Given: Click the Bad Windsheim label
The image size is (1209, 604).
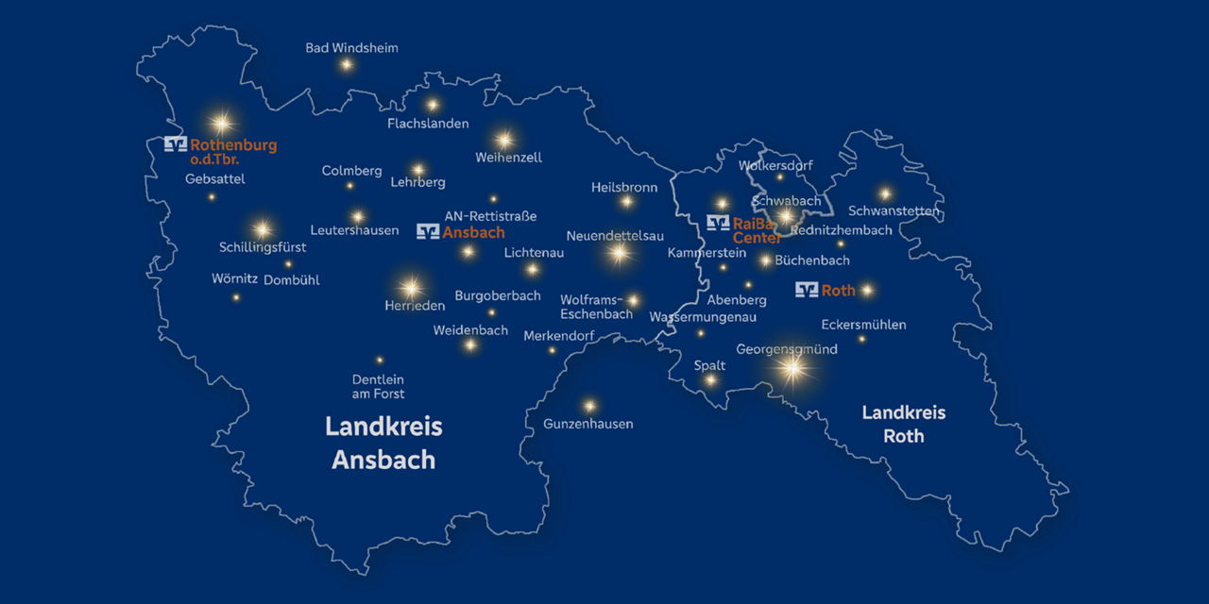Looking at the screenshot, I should point(351,48).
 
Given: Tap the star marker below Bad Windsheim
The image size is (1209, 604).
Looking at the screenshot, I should point(347,64).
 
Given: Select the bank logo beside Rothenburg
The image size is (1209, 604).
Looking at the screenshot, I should point(176,144).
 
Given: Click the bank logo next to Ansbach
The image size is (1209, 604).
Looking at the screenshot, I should point(428,231).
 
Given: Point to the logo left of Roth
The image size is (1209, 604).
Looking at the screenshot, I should point(807,290).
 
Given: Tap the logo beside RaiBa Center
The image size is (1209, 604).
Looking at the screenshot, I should point(718,223).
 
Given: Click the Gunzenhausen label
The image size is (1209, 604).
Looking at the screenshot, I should point(587,424).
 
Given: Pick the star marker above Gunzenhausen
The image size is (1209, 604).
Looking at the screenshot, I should point(589,405).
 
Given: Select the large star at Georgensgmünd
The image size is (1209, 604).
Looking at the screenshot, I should point(792,369).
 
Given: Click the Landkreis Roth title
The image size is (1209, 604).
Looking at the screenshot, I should point(904,424).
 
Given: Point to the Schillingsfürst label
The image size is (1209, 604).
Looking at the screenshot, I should point(263,247).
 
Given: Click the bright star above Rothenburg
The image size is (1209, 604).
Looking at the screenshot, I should point(222,123).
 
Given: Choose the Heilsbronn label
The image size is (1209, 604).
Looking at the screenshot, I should point(624,187).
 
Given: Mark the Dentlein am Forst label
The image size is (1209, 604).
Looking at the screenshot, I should point(378,386).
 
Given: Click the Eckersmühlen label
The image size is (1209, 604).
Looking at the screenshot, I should point(863,325).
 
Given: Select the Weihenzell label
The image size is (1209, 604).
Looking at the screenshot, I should point(509,158).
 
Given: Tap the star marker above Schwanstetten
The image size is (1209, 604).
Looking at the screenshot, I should point(885,193).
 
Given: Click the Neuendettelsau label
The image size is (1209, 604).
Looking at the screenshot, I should point(615,235).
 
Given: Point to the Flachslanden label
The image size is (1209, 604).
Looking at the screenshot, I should point(428,124).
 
